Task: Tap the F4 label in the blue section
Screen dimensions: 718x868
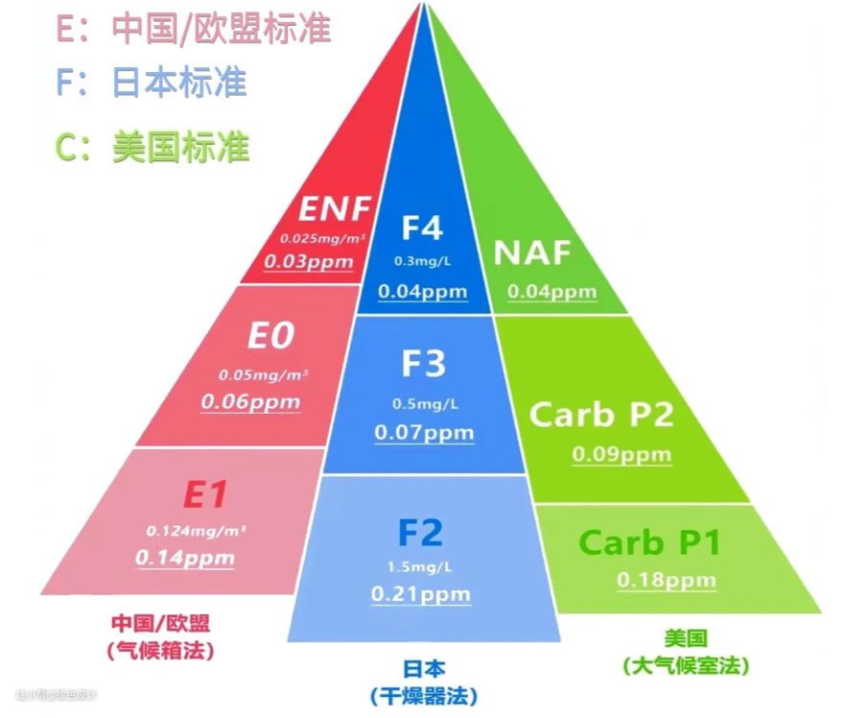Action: pos(422,228)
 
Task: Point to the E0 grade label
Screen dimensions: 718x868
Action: pos(270,336)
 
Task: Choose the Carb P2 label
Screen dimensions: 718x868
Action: pos(601,414)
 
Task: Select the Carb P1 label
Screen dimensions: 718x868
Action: pos(649,542)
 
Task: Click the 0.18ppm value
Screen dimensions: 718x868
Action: pos(666,580)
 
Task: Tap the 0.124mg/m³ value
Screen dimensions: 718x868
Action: pos(191,530)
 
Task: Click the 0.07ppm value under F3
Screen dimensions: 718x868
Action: pos(424,432)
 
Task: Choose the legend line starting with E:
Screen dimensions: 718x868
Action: pos(193,29)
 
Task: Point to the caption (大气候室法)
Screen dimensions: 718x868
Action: pos(685,664)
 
